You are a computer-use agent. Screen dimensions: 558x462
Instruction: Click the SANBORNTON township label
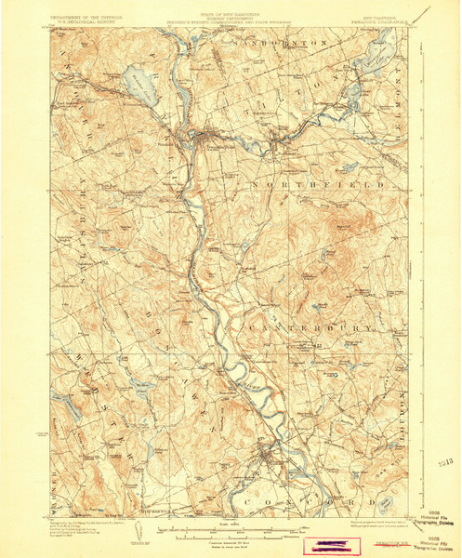click(x=289, y=44)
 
